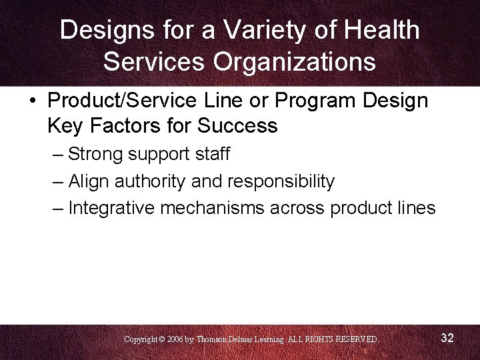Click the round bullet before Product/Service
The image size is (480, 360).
33,102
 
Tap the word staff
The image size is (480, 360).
212,155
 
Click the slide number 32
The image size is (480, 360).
447,338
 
